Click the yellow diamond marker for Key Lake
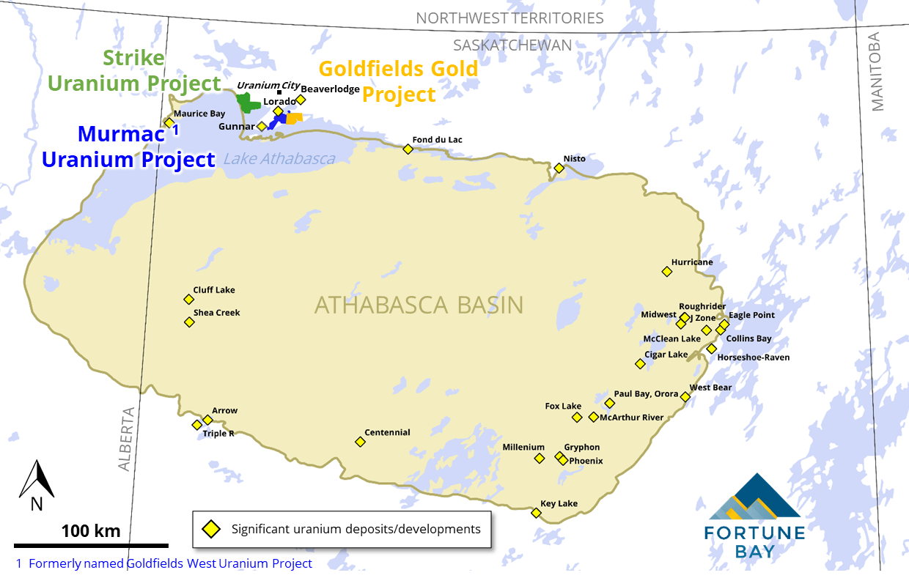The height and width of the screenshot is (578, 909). pyautogui.click(x=536, y=513)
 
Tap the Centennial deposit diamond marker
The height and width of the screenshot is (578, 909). pyautogui.click(x=360, y=442)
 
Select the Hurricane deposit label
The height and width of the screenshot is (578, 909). pyautogui.click(x=691, y=262)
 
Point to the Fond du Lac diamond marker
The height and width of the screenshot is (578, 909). pyautogui.click(x=408, y=149)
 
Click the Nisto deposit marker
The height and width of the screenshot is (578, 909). pyautogui.click(x=559, y=168)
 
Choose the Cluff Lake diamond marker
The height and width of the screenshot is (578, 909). pyautogui.click(x=188, y=299)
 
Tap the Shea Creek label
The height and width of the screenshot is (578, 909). pyautogui.click(x=216, y=313)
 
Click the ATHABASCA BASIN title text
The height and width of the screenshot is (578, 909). pyautogui.click(x=419, y=305)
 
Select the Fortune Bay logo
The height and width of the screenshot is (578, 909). pyautogui.click(x=754, y=516)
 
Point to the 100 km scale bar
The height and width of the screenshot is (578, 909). pyautogui.click(x=91, y=545)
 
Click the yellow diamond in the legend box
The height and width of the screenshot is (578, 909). pyautogui.click(x=211, y=529)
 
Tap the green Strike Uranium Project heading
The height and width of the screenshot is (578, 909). pyautogui.click(x=134, y=71)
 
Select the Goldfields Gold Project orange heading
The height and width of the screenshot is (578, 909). pyautogui.click(x=398, y=81)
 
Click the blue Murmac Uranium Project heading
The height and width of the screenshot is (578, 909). pyautogui.click(x=128, y=147)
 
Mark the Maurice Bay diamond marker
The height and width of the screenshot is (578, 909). pyautogui.click(x=169, y=122)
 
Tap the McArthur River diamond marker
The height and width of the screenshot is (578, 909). pyautogui.click(x=594, y=417)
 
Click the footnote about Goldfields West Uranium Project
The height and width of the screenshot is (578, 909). pyautogui.click(x=164, y=563)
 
